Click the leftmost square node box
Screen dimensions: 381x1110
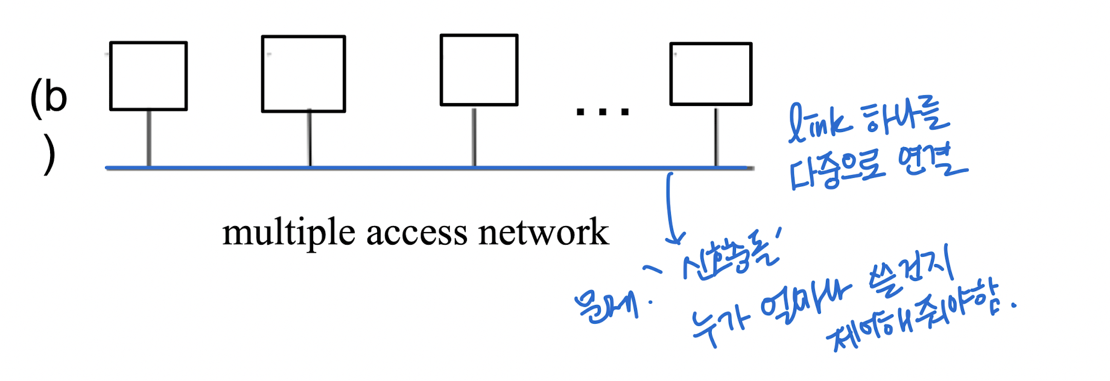coord(148,76)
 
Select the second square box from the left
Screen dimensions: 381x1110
coord(303,74)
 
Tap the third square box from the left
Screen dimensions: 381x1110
coord(479,70)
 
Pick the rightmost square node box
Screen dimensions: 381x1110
coord(711,74)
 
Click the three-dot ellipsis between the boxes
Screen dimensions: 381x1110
coord(602,112)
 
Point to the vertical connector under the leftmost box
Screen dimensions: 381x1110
coord(149,138)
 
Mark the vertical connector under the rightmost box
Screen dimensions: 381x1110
coord(716,136)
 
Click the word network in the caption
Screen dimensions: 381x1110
coord(543,232)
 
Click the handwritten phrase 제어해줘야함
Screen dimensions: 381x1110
coord(917,320)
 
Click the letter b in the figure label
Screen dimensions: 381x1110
coord(55,96)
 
